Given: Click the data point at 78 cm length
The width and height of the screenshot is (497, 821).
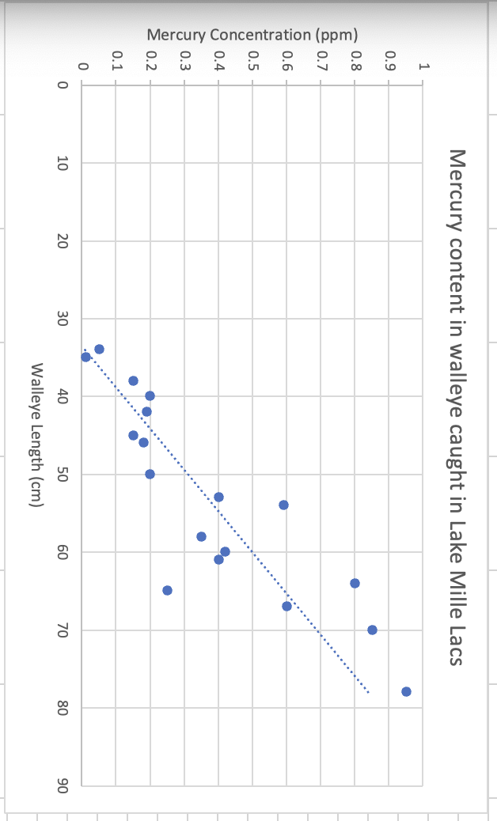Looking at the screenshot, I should [406, 691].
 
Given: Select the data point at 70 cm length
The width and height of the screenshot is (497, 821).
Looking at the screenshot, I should [372, 630].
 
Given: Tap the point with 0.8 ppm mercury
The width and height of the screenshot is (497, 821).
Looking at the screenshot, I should [355, 583].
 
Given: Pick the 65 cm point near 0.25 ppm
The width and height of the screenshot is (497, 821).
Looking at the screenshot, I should [167, 590].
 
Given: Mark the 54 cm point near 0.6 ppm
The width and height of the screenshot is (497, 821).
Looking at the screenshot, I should [283, 505].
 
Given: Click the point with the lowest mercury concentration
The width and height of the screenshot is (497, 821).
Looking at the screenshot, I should [85, 357].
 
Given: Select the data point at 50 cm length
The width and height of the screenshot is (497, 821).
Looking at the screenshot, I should [150, 474].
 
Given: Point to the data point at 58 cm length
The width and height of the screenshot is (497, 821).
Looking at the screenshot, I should [201, 536].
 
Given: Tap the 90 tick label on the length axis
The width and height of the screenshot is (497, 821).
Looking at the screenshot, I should [64, 785].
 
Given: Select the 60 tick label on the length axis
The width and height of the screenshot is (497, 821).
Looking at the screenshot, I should [64, 552].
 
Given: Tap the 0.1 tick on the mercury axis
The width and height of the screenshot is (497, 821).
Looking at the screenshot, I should [116, 61].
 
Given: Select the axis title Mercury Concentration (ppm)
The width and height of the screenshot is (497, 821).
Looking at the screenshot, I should [252, 35].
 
